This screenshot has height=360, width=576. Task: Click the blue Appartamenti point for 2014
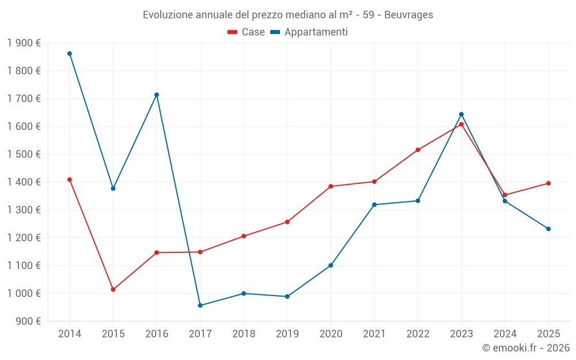[70, 54]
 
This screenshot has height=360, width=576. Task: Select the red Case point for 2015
[113, 290]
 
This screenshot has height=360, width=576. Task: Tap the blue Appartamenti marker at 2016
[157, 95]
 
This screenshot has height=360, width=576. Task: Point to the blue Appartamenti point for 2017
[200, 305]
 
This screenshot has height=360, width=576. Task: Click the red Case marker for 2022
[418, 150]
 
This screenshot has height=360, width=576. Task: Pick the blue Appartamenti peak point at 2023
[461, 114]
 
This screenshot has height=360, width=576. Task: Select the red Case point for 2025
[548, 183]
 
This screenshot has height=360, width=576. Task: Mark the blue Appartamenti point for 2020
[331, 266]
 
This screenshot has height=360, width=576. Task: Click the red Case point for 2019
[287, 222]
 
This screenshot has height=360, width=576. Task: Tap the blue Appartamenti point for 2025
[548, 229]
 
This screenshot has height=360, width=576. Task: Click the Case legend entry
[247, 32]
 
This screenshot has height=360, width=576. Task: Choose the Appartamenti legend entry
[309, 32]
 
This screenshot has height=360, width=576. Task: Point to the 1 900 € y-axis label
[24, 43]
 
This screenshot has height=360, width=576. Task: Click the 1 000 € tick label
[24, 293]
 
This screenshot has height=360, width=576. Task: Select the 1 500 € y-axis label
[24, 154]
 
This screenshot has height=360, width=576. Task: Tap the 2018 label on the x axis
[244, 334]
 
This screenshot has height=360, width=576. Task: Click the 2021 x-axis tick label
[374, 334]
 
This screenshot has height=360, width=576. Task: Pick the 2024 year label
[505, 334]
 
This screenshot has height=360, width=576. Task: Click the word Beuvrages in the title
[409, 15]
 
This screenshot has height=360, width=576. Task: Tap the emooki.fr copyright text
[525, 348]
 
